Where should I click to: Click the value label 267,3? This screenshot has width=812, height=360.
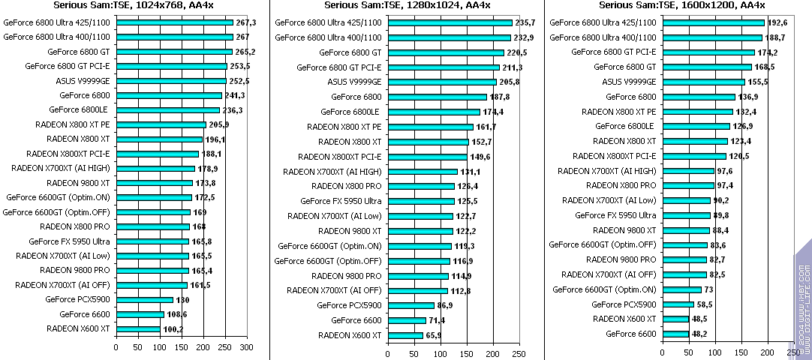(246, 23)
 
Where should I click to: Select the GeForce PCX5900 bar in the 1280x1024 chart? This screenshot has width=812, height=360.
(411, 305)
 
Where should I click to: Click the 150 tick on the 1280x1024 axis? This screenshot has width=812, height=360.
(466, 353)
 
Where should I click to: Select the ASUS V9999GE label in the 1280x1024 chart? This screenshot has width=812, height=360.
(354, 82)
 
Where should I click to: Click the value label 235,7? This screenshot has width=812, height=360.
(525, 23)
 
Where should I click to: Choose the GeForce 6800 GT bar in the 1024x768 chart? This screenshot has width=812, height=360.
(174, 52)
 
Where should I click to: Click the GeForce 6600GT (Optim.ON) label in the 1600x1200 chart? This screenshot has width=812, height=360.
(603, 289)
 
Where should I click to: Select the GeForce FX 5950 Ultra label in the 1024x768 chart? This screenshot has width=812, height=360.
(69, 241)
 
